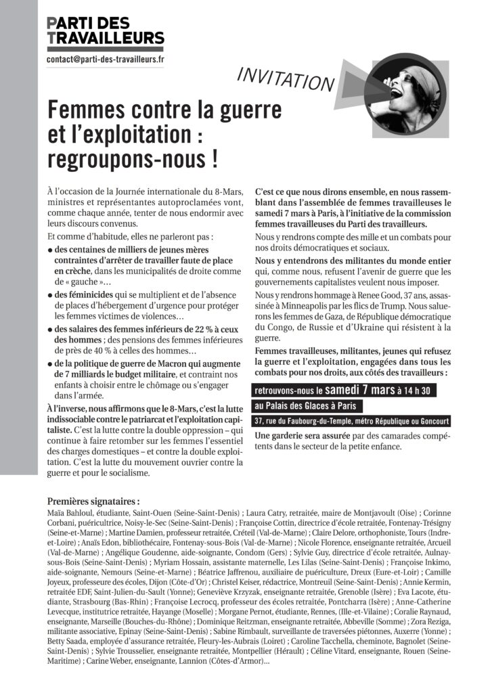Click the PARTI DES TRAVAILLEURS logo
(105, 30)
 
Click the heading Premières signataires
(93, 501)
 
